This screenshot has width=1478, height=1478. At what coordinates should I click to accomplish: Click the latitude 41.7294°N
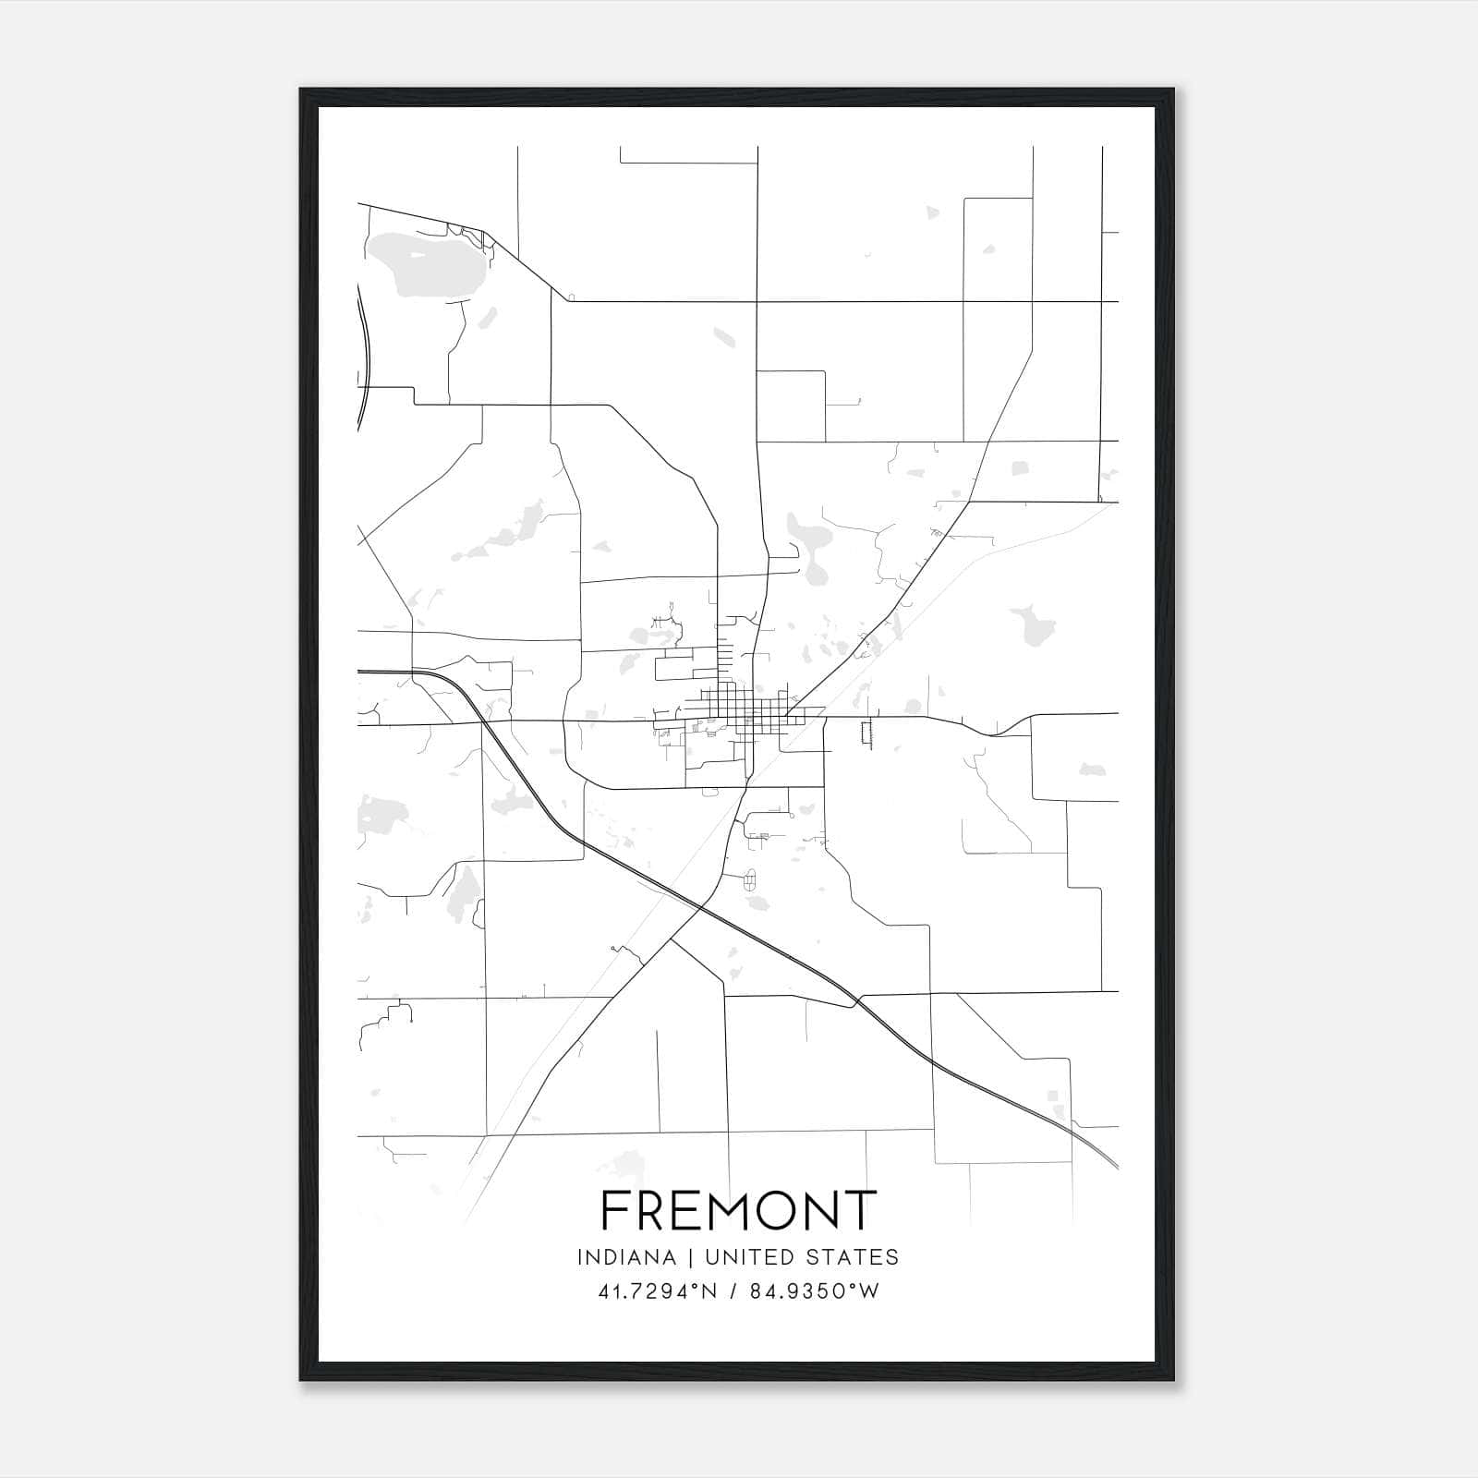click(657, 1291)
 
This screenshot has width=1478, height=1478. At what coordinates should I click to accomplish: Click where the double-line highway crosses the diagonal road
click(698, 907)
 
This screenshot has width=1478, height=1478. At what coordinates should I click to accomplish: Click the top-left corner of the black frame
click(301, 90)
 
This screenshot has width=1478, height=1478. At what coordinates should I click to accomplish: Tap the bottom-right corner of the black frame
click(1173, 1380)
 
